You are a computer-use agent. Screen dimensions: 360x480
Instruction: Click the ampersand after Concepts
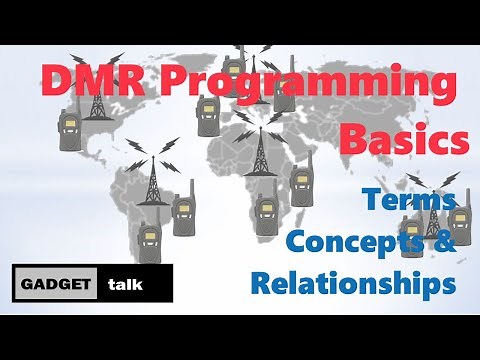click(446, 240)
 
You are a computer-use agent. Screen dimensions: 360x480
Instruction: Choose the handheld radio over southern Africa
click(265, 215)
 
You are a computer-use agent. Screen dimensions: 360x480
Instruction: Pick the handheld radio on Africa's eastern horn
click(299, 185)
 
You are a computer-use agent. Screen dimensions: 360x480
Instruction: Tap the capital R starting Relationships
click(262, 283)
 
